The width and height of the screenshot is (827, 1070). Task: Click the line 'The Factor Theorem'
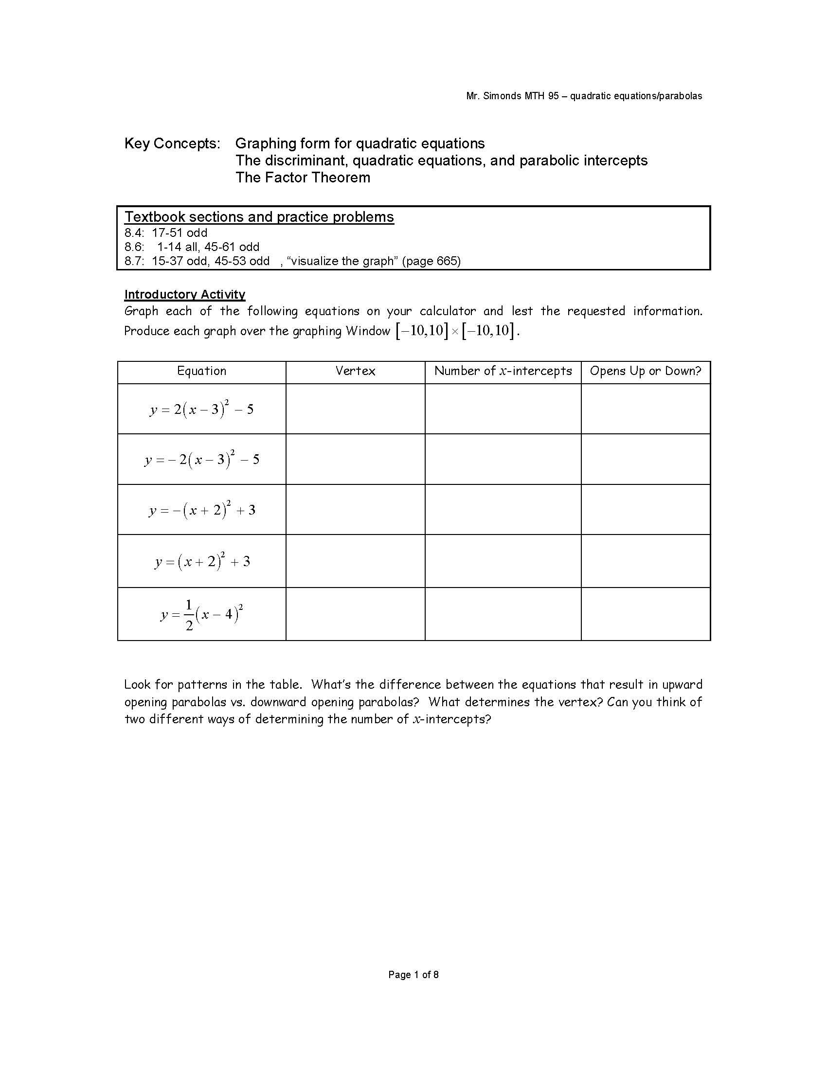pos(303,178)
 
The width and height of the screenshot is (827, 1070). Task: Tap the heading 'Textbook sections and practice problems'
pos(259,217)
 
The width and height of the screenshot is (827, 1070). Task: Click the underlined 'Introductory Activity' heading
pos(185,294)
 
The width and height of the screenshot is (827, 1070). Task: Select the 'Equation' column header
pos(201,371)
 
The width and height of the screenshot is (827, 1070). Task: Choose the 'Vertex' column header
pos(355,371)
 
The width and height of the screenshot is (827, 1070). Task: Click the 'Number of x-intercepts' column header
pos(503,371)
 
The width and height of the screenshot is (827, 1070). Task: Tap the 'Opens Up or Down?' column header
pos(645,371)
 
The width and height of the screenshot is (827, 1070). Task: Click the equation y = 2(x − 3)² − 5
pos(201,409)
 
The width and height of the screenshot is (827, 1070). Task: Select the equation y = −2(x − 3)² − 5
pos(201,459)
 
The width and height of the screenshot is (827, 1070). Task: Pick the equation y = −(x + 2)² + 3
pos(201,510)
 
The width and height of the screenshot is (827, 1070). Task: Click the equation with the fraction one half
pos(201,614)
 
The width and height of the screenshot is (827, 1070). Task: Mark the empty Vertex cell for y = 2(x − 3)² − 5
pos(355,409)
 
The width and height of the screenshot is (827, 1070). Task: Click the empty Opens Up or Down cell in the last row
pos(645,614)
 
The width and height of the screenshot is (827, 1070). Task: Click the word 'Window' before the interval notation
pos(367,331)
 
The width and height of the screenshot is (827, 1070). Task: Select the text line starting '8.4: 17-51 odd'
pos(166,232)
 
